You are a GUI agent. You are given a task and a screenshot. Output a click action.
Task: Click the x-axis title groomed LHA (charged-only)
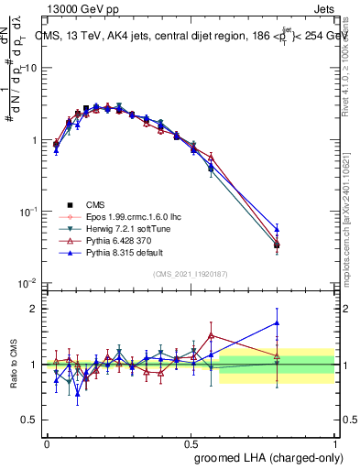point(272,458)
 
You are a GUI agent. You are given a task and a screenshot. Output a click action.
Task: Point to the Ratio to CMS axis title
point(12,365)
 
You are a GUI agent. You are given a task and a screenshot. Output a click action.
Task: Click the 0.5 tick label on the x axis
point(191,443)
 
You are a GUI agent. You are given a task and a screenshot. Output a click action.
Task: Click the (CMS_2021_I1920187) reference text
point(191,274)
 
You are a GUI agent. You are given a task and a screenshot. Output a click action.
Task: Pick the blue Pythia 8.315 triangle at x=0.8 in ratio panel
point(277,322)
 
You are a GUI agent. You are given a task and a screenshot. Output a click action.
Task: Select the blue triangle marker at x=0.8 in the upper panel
point(277,229)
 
